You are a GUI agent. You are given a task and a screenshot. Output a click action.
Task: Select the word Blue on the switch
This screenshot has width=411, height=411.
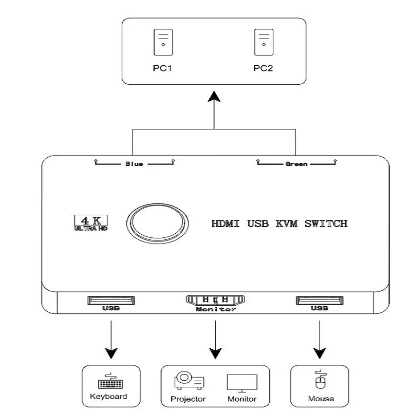pos(134,164)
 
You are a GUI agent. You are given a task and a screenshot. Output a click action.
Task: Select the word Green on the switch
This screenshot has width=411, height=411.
pos(296,164)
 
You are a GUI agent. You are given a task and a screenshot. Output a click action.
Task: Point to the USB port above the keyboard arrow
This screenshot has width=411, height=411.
pos(111,300)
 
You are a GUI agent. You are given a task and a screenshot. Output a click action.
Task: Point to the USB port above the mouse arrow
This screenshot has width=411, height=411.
pos(319,300)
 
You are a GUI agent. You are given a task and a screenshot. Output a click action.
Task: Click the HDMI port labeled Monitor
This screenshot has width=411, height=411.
pos(215,300)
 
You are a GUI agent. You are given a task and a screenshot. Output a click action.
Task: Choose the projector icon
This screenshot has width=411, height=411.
pos(189,381)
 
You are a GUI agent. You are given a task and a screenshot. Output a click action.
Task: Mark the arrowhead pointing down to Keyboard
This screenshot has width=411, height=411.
pos(111,353)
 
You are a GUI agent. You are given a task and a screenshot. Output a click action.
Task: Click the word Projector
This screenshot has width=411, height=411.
pos(189,399)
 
